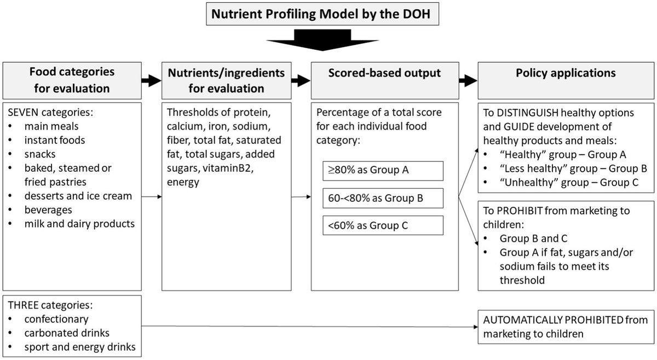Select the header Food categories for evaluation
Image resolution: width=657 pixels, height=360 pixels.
72,80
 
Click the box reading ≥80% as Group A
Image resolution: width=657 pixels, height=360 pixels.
383,171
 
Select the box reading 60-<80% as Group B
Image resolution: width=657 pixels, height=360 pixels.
383,198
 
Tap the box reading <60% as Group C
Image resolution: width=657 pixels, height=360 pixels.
383,225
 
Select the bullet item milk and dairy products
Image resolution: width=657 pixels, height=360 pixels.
80,223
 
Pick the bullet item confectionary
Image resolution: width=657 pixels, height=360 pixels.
56,318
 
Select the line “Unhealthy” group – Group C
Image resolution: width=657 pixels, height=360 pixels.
569,182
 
